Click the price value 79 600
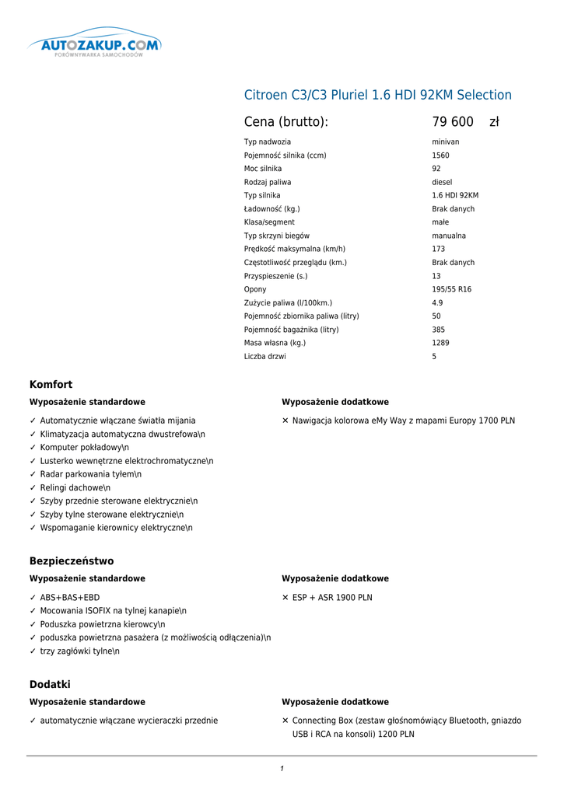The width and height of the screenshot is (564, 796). [x=453, y=122]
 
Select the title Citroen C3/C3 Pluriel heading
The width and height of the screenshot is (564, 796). [x=378, y=95]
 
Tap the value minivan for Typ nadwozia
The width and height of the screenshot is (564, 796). [x=446, y=142]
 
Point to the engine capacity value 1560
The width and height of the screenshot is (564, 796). [x=440, y=155]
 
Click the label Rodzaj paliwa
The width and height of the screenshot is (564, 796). [x=268, y=182]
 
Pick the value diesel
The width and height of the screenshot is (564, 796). [x=442, y=182]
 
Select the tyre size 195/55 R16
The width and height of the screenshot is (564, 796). [x=451, y=289]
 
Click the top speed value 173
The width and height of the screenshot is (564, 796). [x=438, y=249]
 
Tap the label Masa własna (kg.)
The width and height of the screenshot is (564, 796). [x=275, y=343]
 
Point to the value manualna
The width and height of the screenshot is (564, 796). [x=449, y=236]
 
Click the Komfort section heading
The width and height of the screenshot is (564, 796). [x=51, y=385]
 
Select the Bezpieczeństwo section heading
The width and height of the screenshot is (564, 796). [x=72, y=561]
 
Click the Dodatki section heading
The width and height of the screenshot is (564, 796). [x=50, y=684]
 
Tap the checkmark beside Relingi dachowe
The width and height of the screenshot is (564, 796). [x=33, y=487]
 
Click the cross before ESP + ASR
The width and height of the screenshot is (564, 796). [x=286, y=598]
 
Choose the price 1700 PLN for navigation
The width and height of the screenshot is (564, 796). [x=497, y=421]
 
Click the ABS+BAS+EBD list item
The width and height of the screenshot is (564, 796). [x=70, y=598]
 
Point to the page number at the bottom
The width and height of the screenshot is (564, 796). [x=282, y=769]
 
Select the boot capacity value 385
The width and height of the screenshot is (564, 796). [x=438, y=330]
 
